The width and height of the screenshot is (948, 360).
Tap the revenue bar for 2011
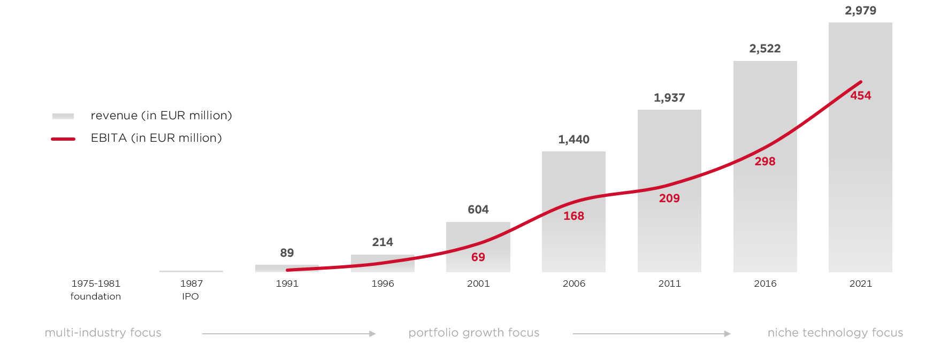(x=669, y=235)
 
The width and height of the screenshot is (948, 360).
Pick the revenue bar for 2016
(x=765, y=214)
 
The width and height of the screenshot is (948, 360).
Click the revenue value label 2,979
(x=860, y=11)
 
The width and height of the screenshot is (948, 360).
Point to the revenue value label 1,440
(x=574, y=140)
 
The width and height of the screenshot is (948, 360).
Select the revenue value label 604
(x=478, y=210)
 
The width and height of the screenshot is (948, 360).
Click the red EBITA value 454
(x=861, y=96)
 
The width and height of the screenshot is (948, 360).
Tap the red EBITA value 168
(x=574, y=216)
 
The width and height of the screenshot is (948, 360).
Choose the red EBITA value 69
(x=478, y=257)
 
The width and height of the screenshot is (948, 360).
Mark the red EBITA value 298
(x=765, y=162)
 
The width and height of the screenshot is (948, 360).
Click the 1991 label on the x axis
(x=287, y=284)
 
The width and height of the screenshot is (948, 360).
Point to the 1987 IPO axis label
(x=191, y=289)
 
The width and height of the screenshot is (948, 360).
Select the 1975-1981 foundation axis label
(x=96, y=289)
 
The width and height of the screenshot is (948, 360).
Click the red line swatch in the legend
(x=63, y=139)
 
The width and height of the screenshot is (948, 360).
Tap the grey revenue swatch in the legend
(x=63, y=116)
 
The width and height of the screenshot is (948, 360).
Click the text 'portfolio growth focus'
(x=474, y=333)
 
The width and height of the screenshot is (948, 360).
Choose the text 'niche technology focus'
(x=835, y=333)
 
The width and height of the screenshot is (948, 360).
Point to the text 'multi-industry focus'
(x=103, y=333)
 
